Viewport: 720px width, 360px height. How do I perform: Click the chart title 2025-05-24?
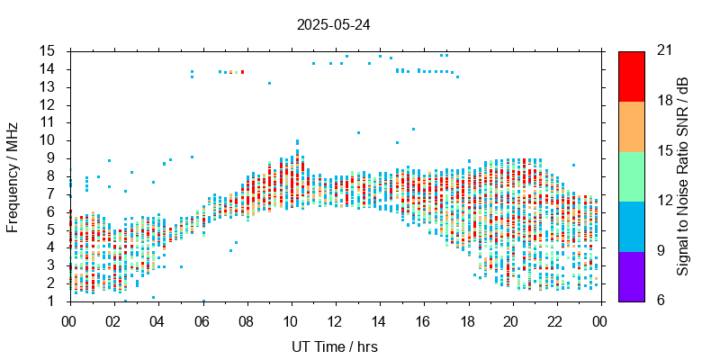pos(333,24)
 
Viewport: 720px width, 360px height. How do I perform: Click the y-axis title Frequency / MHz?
pos(13,175)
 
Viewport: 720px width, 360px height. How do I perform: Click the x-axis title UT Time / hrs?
pos(335,346)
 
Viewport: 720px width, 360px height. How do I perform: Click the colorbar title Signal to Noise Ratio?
pos(683,175)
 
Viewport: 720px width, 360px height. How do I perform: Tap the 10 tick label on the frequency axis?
pos(49,140)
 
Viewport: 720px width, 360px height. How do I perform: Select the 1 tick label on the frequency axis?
pos(52,301)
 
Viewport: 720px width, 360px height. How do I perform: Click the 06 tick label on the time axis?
pos(202,320)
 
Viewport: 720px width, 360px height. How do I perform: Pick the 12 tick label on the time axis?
pos(335,320)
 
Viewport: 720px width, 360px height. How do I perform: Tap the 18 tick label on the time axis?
pos(468,320)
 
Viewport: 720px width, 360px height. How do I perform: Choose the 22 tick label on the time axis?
pos(556,320)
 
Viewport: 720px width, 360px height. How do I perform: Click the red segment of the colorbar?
pos(631,76)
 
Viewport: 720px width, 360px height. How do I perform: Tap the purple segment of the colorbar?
pos(631,275)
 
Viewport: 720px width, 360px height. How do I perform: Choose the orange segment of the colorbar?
pos(631,126)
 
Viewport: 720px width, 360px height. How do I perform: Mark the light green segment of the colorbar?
pos(631,175)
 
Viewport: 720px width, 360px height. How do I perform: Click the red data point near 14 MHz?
pos(242,72)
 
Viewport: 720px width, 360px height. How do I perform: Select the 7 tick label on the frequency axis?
pos(52,193)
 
